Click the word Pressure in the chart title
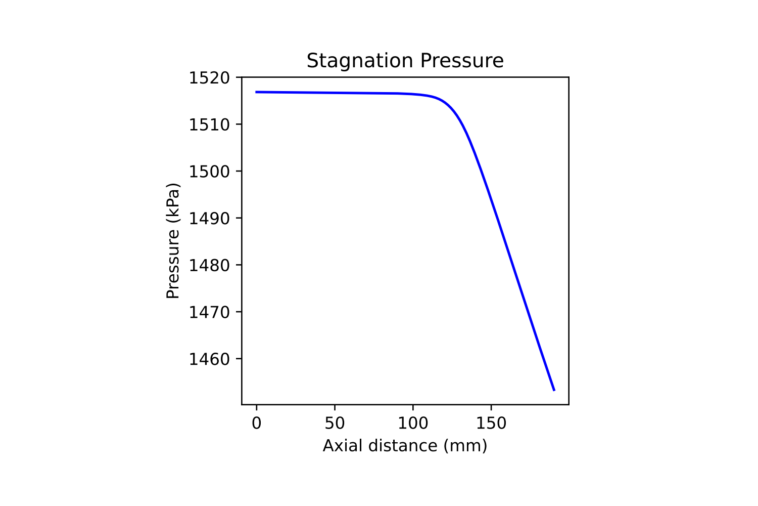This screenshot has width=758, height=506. tap(462, 61)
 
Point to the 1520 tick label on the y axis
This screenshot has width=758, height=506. tap(209, 78)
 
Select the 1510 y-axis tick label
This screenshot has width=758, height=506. tap(209, 124)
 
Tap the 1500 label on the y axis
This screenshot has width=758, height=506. tap(209, 172)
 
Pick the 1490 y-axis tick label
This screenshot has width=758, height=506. tap(209, 219)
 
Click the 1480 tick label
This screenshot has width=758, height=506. tap(209, 265)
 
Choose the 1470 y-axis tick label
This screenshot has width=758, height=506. tap(209, 312)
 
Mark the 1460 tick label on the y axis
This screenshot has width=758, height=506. tap(209, 359)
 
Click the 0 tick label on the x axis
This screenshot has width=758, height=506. tap(257, 423)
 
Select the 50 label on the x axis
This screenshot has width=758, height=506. tap(335, 423)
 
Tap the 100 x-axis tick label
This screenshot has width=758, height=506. tap(413, 423)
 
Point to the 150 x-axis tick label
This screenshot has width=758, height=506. tap(491, 423)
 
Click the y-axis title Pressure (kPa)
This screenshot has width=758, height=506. tap(173, 241)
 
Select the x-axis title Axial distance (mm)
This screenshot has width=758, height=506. tap(405, 446)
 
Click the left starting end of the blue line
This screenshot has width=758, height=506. tap(257, 92)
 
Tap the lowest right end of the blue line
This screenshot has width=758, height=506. tap(554, 390)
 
